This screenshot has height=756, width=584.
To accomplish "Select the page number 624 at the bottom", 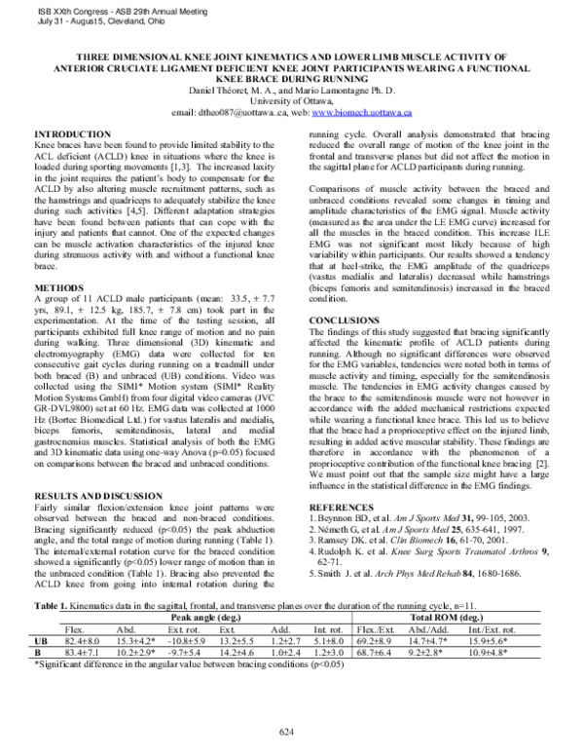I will (x=286, y=731).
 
